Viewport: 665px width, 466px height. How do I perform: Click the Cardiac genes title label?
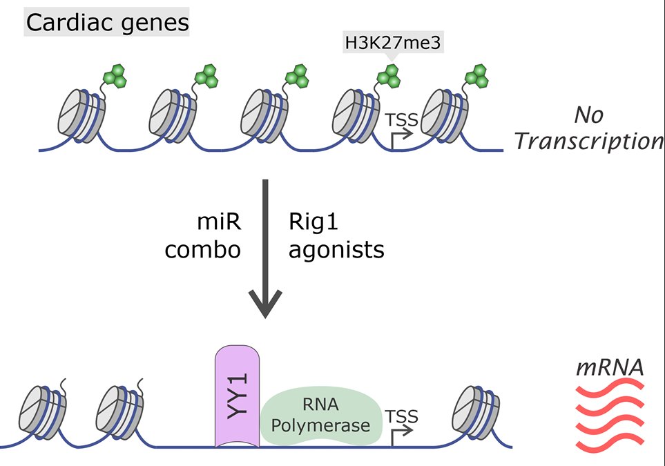pyautogui.click(x=107, y=22)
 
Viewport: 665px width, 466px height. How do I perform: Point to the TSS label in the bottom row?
pyautogui.click(x=402, y=416)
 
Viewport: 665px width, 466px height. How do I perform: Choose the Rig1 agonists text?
pyautogui.click(x=335, y=237)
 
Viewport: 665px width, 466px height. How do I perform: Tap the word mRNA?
pyautogui.click(x=610, y=367)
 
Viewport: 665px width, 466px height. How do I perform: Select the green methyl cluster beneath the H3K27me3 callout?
pyautogui.click(x=389, y=75)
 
